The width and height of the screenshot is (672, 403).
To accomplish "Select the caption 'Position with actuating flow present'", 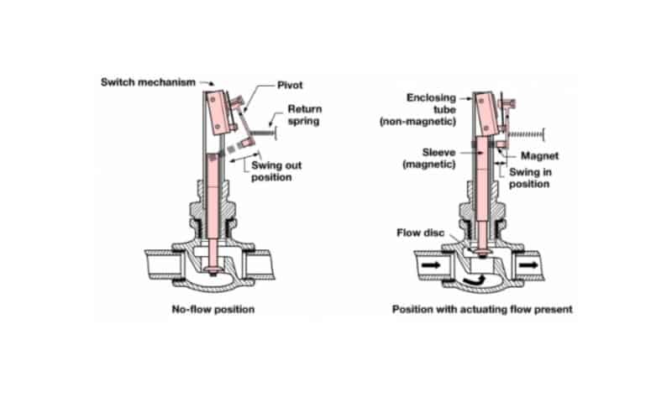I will click(482, 310).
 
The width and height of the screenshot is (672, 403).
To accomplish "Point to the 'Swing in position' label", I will click(528, 177).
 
